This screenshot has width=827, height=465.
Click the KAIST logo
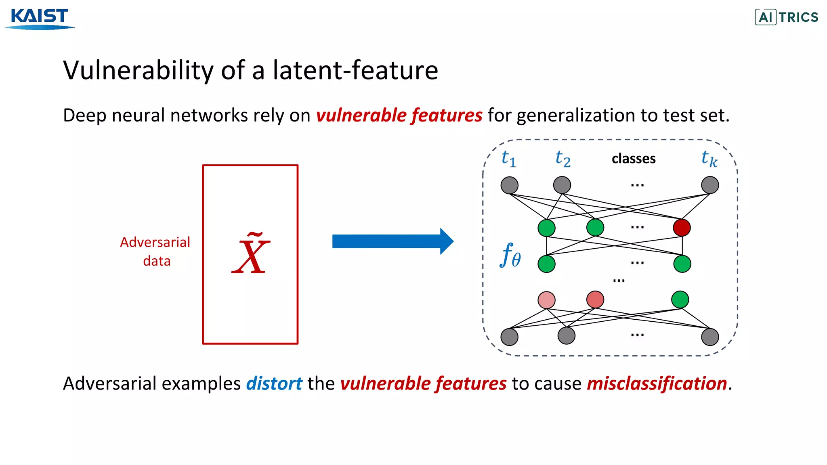[40, 18]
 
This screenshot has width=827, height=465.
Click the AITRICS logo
[787, 17]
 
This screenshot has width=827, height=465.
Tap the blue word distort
[274, 383]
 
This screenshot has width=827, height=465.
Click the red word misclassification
[657, 383]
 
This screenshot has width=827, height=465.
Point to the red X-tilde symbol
[251, 254]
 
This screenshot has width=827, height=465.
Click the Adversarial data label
[155, 251]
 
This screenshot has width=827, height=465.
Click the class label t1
[508, 159]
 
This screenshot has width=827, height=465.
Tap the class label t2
[563, 159]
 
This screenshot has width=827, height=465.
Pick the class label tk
[709, 159]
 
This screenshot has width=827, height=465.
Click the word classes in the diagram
[633, 159]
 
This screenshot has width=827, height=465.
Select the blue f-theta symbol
[510, 255]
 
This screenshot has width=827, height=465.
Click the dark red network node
[682, 228]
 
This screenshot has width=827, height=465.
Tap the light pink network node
[546, 300]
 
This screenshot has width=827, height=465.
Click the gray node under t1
[509, 185]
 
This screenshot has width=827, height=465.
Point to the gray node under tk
[710, 185]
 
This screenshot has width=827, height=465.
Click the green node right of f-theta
[546, 264]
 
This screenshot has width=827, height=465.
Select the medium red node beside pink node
[595, 300]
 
